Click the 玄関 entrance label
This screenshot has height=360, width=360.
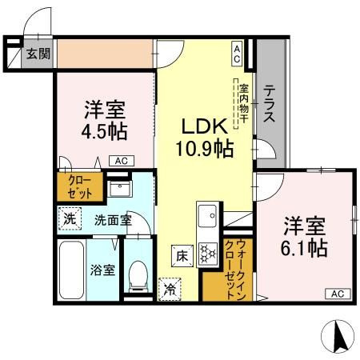[x=38, y=54]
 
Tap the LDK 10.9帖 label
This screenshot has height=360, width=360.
[x=205, y=138]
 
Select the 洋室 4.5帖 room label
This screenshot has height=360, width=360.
[x=104, y=120]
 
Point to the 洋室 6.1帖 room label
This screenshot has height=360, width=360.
[x=304, y=237]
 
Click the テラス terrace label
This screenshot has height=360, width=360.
[x=270, y=103]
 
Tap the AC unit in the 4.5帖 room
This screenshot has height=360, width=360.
[x=122, y=161]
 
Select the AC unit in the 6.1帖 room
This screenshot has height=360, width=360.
[x=338, y=294]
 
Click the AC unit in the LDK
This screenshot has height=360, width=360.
[x=237, y=54]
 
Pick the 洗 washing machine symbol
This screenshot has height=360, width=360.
[x=70, y=218]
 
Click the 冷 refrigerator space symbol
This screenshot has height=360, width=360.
[x=170, y=290]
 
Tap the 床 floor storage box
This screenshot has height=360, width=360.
[x=182, y=256]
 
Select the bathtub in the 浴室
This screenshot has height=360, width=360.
[x=71, y=270]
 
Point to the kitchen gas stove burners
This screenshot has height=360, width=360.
[x=208, y=253]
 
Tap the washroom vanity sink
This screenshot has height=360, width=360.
[x=119, y=189]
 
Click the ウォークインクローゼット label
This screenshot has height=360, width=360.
[x=235, y=270]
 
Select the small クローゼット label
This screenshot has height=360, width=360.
[x=80, y=187]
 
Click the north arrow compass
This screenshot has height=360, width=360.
[x=338, y=336]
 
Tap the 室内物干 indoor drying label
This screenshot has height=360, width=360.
[x=244, y=103]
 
